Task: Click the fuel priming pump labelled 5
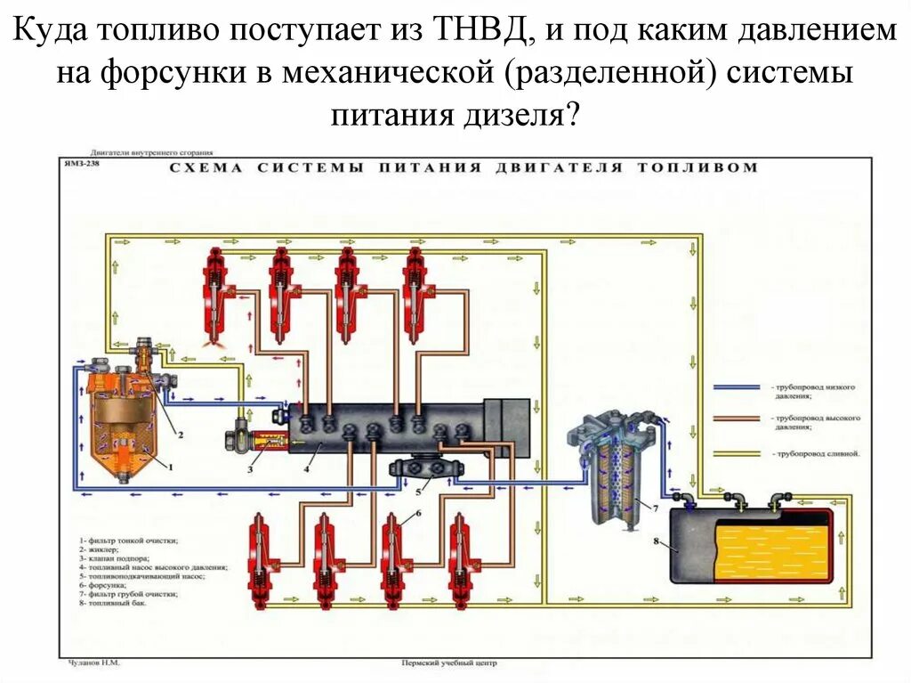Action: pos(422,469)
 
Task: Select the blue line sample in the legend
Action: pos(738,388)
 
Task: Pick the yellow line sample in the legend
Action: pos(738,452)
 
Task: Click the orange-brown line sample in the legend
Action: pos(738,418)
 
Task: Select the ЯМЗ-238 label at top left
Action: pos(82,163)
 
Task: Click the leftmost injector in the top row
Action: pos(214,294)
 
